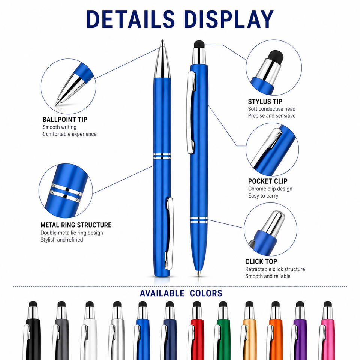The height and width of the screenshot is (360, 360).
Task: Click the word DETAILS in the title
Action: tap(130, 19)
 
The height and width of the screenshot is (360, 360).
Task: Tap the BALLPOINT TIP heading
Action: tap(65, 120)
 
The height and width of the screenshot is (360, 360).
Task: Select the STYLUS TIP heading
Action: tap(265, 102)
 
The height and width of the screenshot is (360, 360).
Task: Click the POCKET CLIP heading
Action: tap(268, 181)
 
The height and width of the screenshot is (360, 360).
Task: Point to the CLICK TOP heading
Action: tap(261, 261)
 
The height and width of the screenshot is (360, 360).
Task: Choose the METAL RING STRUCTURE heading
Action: tap(76, 225)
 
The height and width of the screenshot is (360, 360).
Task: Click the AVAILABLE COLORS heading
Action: tap(181, 293)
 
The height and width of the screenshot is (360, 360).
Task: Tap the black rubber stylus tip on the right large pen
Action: tap(199, 44)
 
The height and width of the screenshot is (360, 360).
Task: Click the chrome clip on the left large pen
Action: tap(169, 233)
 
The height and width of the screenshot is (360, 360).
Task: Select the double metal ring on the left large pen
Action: tap(162, 156)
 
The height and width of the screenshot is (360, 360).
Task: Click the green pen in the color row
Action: tap(222, 331)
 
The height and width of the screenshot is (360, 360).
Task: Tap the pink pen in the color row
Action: tap(327, 331)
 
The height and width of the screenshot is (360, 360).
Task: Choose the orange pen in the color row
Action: tap(274, 331)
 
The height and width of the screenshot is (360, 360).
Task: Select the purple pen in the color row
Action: tap(299, 331)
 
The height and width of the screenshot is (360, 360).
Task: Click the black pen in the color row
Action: tap(32, 331)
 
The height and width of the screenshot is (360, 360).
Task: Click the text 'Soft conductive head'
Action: tap(271, 109)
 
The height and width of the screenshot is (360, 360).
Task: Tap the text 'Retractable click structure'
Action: tap(275, 269)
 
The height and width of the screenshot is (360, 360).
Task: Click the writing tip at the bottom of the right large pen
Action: tap(199, 274)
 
